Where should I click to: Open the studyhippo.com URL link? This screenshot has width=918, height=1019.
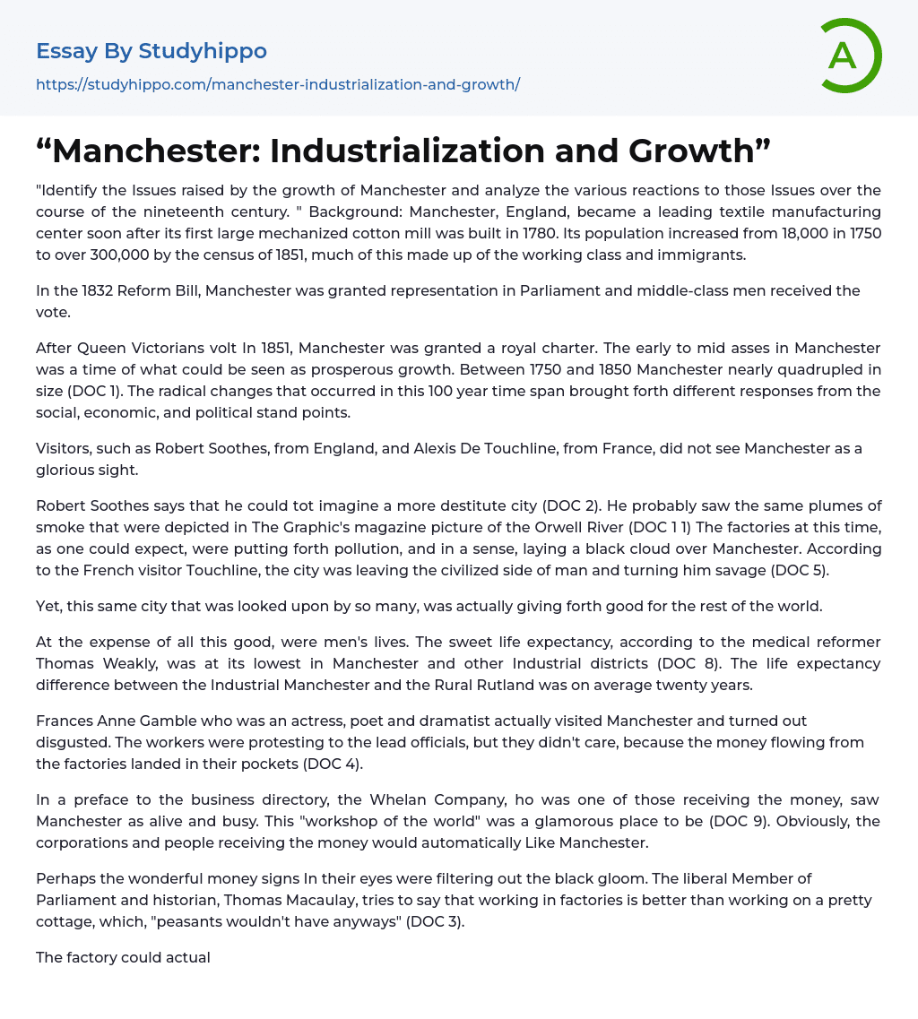point(278,84)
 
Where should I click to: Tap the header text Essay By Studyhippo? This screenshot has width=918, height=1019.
point(152,51)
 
